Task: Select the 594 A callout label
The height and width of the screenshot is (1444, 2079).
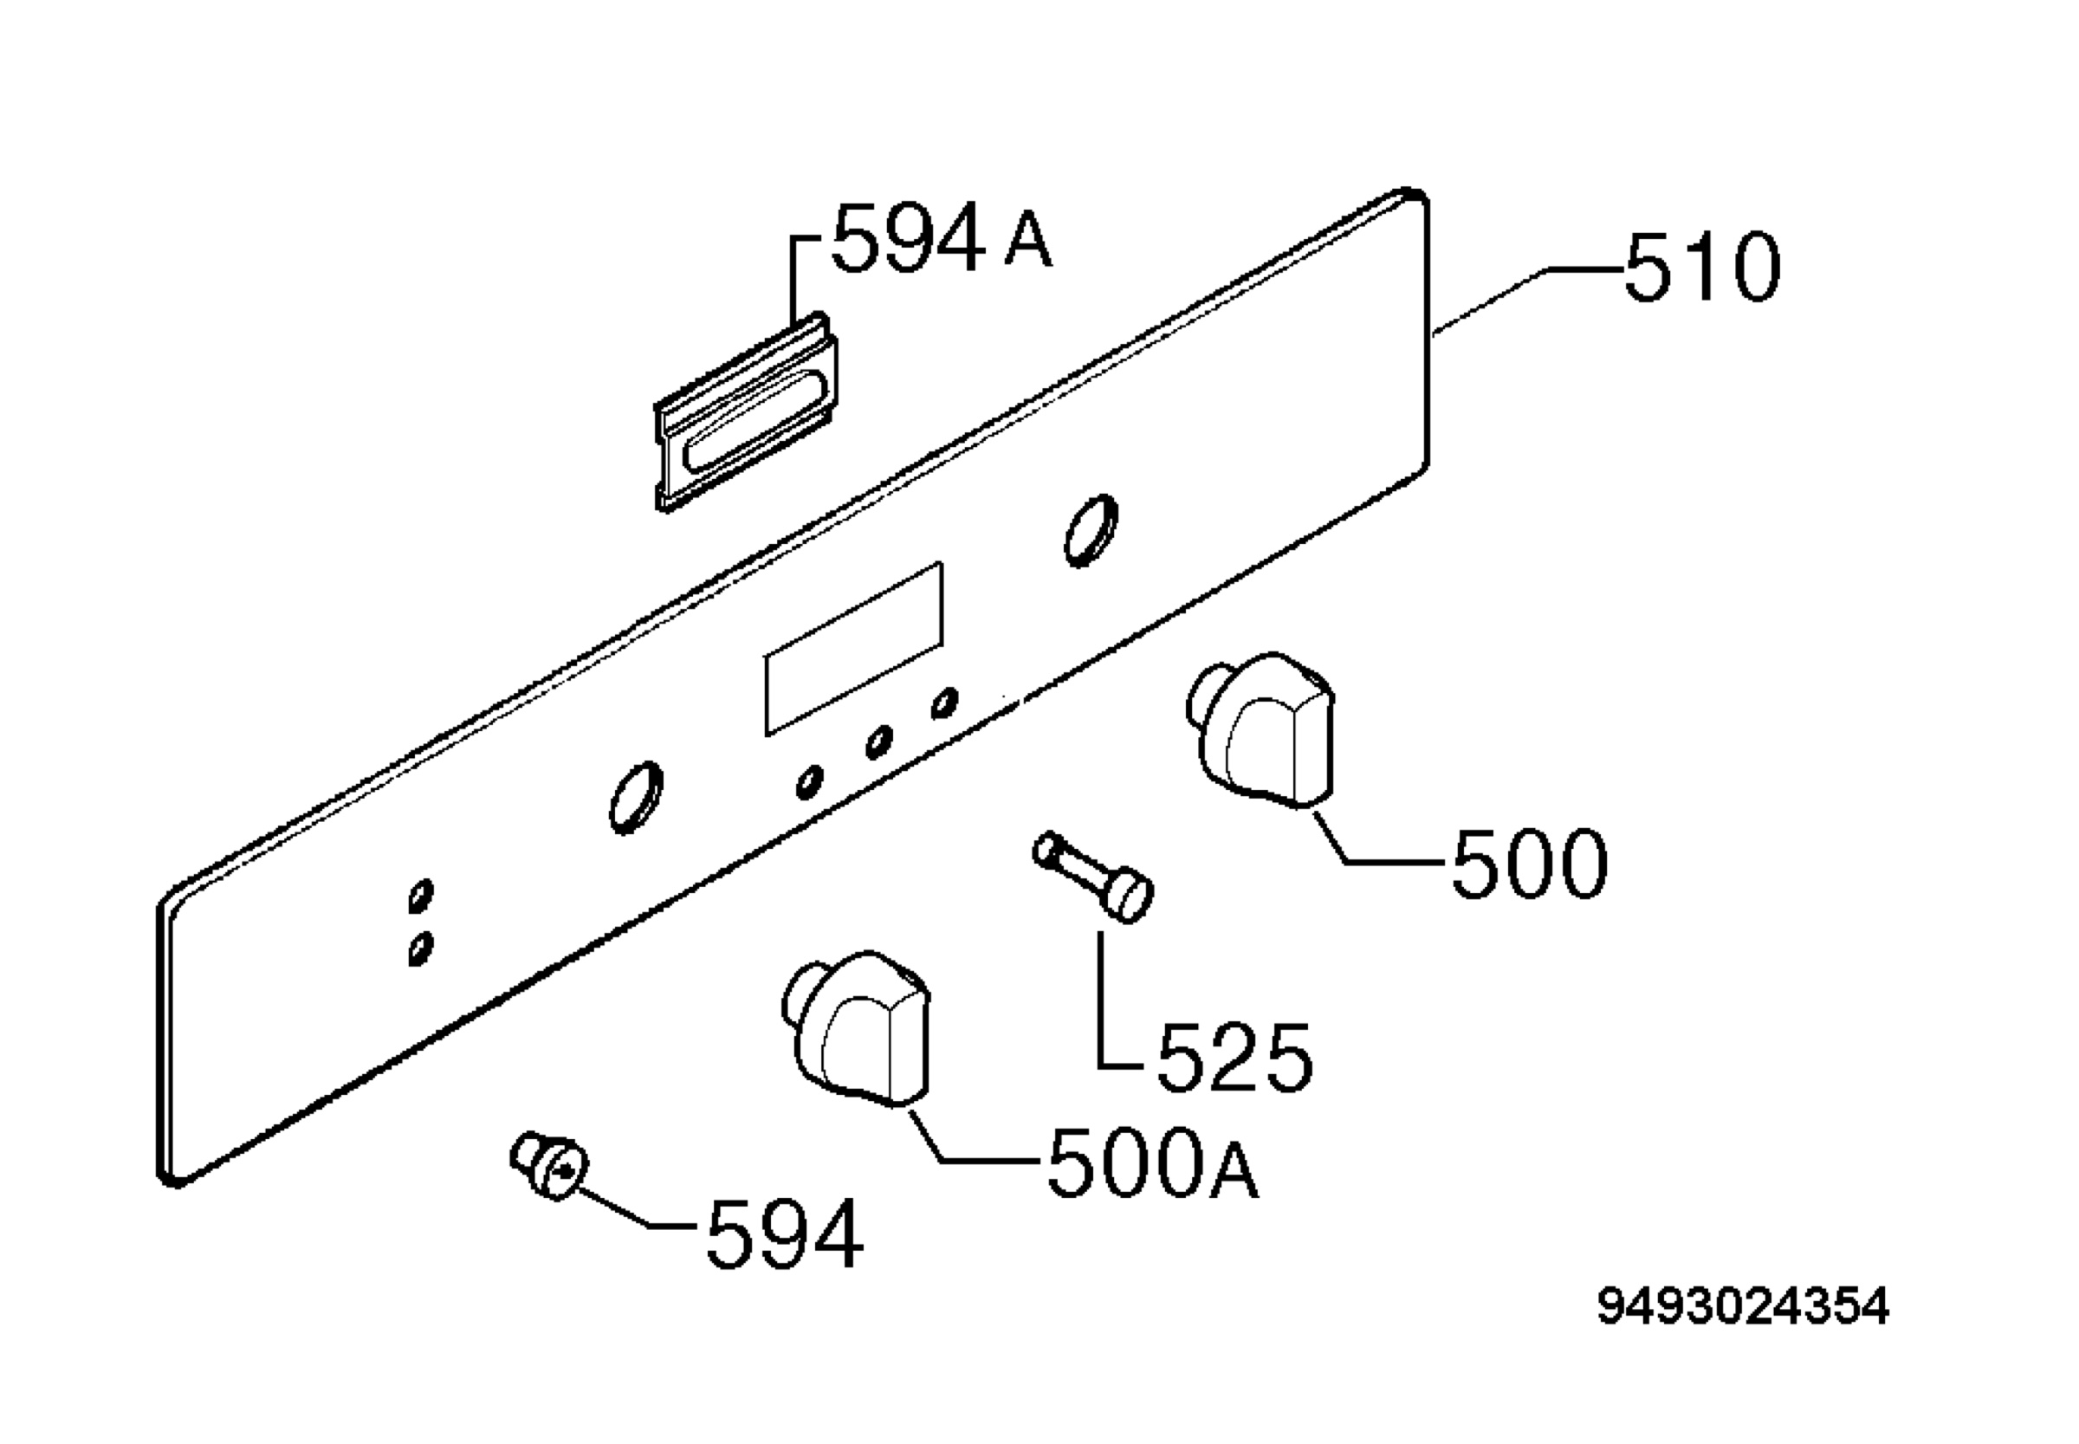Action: point(942,237)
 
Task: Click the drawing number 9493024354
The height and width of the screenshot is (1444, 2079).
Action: point(1742,1306)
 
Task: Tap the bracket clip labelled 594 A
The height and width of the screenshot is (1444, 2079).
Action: point(747,412)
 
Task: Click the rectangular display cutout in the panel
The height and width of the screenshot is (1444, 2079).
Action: point(854,648)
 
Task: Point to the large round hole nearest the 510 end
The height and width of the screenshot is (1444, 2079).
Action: point(1091,530)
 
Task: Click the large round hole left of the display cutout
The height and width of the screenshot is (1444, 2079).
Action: point(636,796)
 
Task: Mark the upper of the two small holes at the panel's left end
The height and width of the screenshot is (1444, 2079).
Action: point(421,895)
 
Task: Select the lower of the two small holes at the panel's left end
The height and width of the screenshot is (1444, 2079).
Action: point(421,949)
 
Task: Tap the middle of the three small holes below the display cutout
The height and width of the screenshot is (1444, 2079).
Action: point(878,741)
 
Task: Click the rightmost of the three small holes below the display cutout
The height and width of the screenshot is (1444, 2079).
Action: point(945,703)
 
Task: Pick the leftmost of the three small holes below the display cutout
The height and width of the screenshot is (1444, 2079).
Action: point(810,781)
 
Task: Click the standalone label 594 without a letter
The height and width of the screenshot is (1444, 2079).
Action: point(784,1233)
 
